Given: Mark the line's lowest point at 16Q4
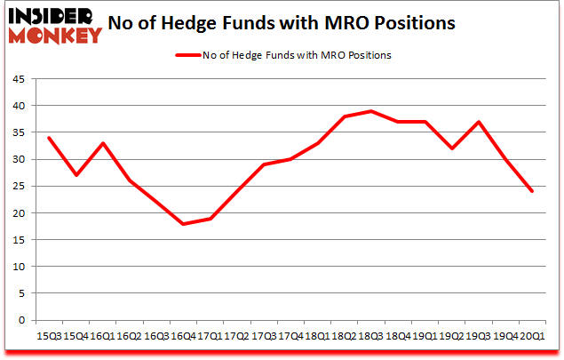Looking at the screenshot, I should [183, 223].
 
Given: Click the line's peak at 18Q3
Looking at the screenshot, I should [371, 111].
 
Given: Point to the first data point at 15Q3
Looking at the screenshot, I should [49, 138].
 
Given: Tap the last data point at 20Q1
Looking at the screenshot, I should [532, 191].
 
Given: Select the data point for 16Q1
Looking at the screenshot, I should [102, 143].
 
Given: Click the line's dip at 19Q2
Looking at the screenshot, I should [452, 148].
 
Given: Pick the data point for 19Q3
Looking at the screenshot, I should [479, 122].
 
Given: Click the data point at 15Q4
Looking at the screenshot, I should [75, 175].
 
